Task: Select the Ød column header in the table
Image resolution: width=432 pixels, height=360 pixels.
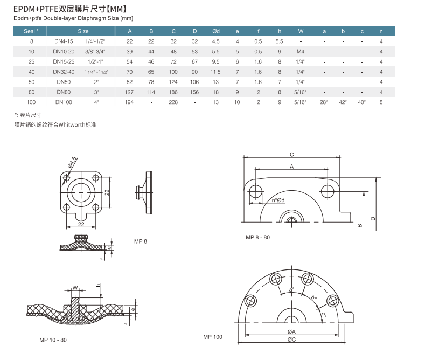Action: coord(216,31)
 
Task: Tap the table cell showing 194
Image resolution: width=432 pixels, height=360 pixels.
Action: coord(130,102)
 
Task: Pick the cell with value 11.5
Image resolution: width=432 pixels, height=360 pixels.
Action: coord(216,72)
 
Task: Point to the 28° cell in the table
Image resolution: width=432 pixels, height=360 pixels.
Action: coord(324,102)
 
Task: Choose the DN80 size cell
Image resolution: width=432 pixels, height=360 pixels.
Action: coord(63,92)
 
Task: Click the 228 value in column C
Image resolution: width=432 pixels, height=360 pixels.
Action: coord(173,102)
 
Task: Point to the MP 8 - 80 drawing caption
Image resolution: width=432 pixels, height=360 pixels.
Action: coord(257,238)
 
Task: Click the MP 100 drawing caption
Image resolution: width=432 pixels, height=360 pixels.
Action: coord(212,337)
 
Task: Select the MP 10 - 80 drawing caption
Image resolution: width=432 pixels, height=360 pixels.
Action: coord(53,340)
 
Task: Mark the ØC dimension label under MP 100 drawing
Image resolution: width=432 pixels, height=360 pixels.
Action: coord(291,340)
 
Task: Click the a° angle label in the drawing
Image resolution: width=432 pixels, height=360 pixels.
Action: coord(291,290)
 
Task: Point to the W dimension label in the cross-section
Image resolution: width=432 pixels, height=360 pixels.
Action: coord(75,288)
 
